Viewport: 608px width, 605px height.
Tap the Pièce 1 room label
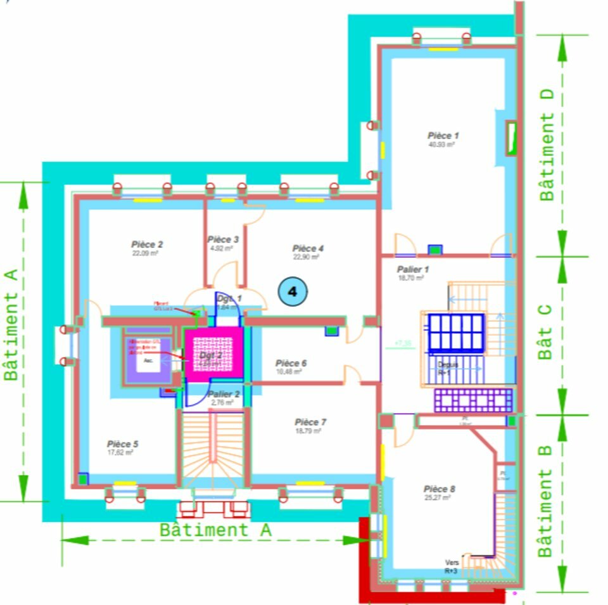click(443, 136)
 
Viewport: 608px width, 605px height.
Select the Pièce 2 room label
click(148, 244)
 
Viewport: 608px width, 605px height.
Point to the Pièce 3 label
click(223, 239)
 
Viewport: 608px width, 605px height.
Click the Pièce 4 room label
click(308, 248)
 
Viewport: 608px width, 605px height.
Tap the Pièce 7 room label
click(310, 422)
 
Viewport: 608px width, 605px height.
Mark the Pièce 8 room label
click(440, 489)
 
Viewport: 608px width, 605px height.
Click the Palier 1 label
click(413, 269)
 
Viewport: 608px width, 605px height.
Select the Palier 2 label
click(224, 394)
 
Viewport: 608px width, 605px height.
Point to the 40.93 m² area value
click(442, 144)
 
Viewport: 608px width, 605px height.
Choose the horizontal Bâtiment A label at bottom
click(215, 530)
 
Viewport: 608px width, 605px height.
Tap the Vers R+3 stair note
click(452, 567)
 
